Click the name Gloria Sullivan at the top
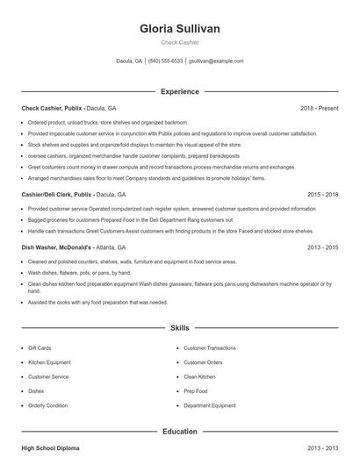coord(179,28)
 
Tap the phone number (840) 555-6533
coord(165,61)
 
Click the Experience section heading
coord(179,91)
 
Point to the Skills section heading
coord(179,327)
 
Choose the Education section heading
coord(179,431)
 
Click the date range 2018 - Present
coord(319,108)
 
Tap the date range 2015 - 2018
coord(323,194)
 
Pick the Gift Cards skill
coord(40,348)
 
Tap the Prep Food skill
coord(197,391)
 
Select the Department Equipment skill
coord(209,405)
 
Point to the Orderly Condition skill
coord(47,405)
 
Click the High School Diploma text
coord(50,448)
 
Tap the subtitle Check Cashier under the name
coord(179,42)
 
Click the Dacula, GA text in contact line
coord(129,61)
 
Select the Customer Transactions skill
coord(210,348)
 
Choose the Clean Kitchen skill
coord(199,376)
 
